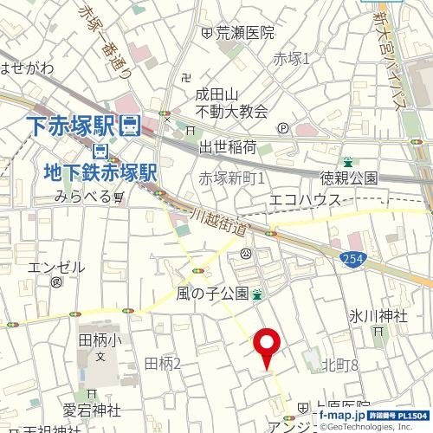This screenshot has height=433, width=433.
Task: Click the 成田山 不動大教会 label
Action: (230, 103)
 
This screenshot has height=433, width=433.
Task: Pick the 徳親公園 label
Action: (349, 178)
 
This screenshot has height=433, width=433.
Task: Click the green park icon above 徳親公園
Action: (348, 162)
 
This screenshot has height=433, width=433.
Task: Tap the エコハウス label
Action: (306, 200)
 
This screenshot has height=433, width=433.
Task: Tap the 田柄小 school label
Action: (100, 340)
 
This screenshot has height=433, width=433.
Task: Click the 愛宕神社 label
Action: (91, 409)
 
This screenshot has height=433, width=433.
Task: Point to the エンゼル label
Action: (56, 267)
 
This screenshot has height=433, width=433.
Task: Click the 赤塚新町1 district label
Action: (231, 178)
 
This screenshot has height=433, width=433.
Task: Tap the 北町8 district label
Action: (339, 365)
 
